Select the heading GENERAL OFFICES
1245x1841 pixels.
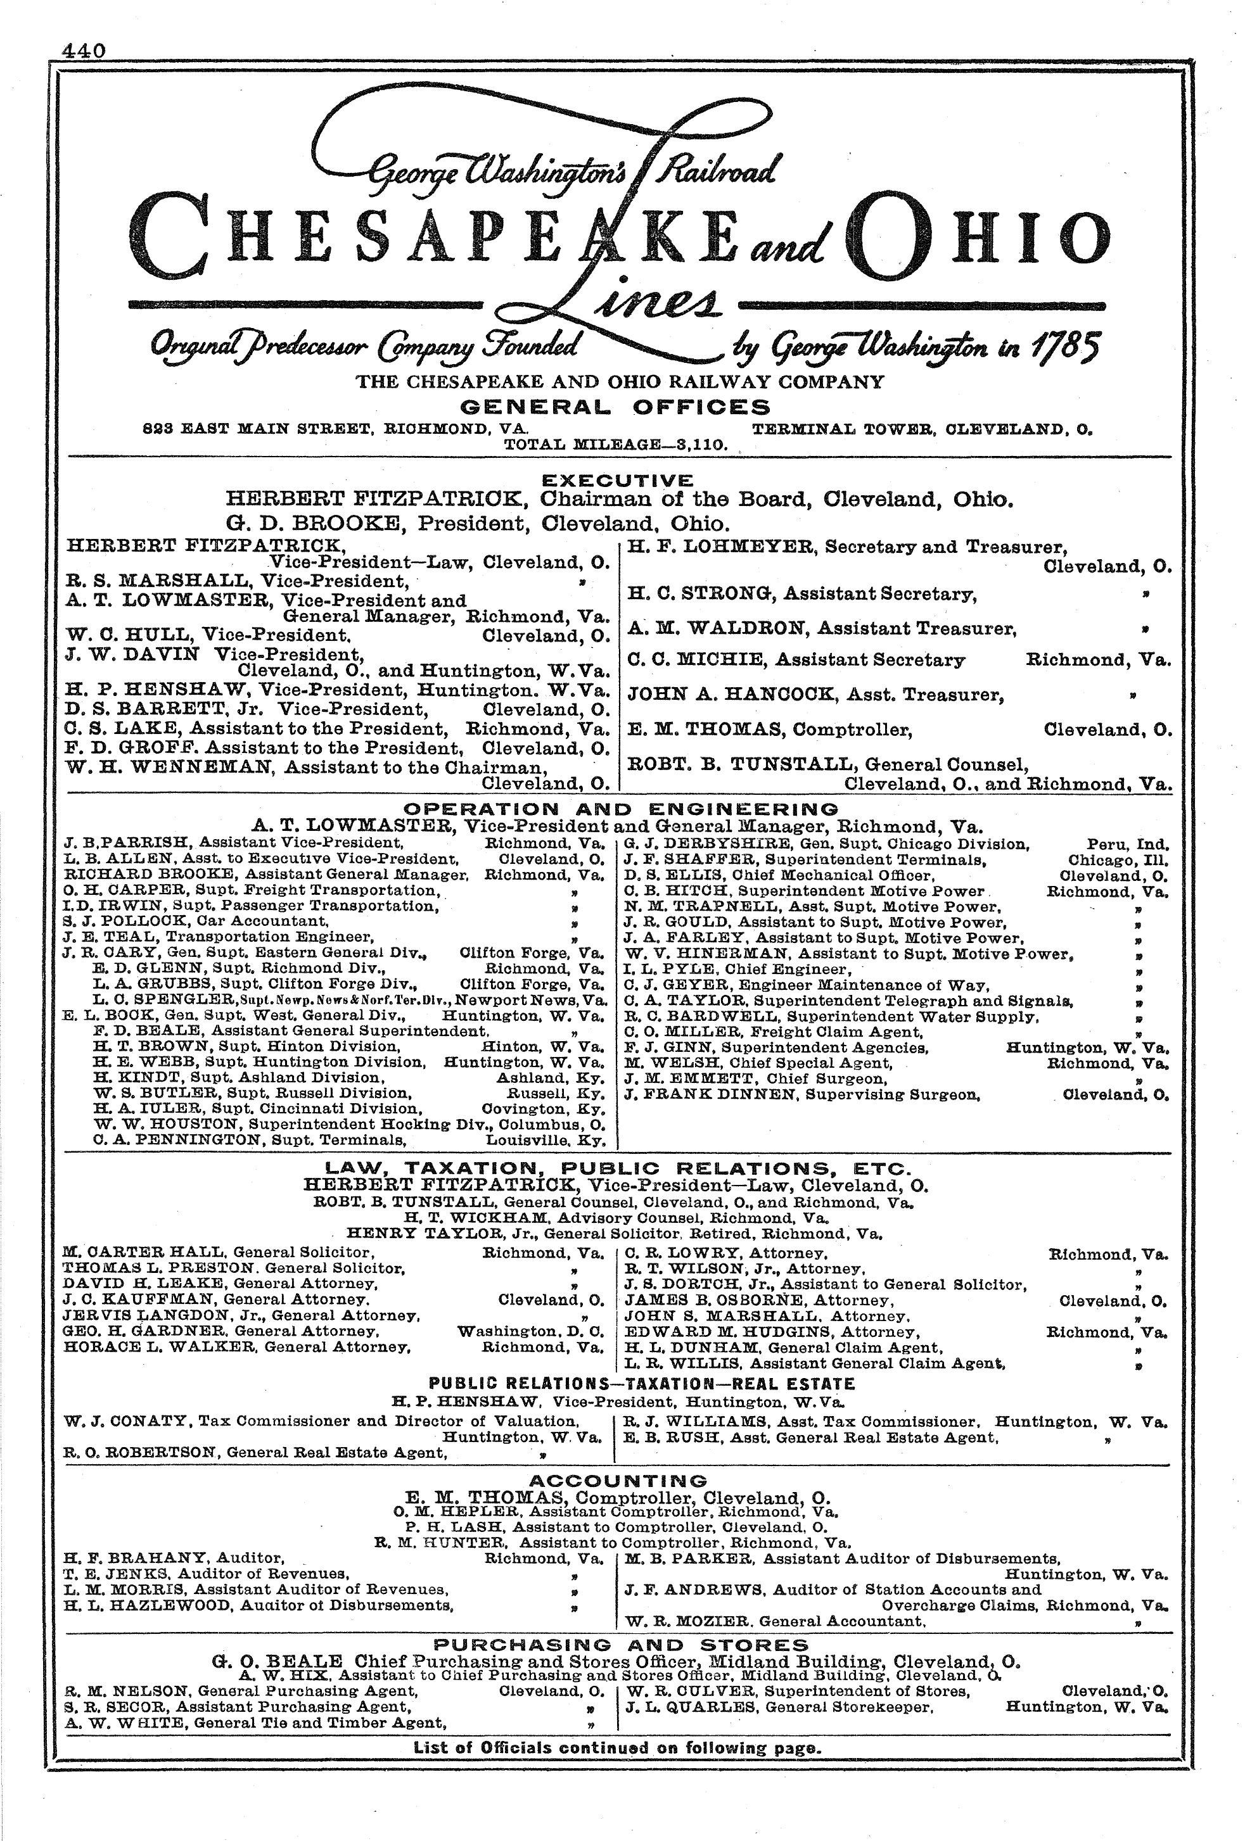[x=615, y=407]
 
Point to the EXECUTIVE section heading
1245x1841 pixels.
[x=616, y=480]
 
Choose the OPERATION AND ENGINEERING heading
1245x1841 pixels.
[x=620, y=809]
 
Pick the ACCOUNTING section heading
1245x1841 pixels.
[x=616, y=1481]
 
